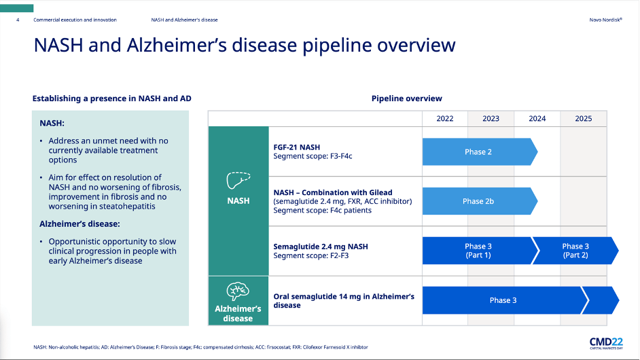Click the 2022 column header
pyautogui.click(x=445, y=118)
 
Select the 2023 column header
pyautogui.click(x=491, y=118)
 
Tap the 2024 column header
pyautogui.click(x=537, y=118)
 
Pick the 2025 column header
pyautogui.click(x=583, y=118)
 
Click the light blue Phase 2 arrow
pyautogui.click(x=480, y=152)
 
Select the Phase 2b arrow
pyautogui.click(x=480, y=201)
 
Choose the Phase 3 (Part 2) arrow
pyautogui.click(x=575, y=251)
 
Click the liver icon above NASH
pyautogui.click(x=238, y=181)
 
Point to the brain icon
pyautogui.click(x=238, y=291)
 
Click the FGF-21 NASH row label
pyautogui.click(x=297, y=147)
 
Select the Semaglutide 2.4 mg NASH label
pyautogui.click(x=321, y=247)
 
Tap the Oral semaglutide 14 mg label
pyautogui.click(x=344, y=301)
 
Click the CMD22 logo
pyautogui.click(x=606, y=343)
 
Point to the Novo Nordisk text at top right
pyautogui.click(x=606, y=20)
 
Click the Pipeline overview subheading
pyautogui.click(x=406, y=98)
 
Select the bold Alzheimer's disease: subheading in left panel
pyautogui.click(x=79, y=224)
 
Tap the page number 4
pyautogui.click(x=18, y=20)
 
